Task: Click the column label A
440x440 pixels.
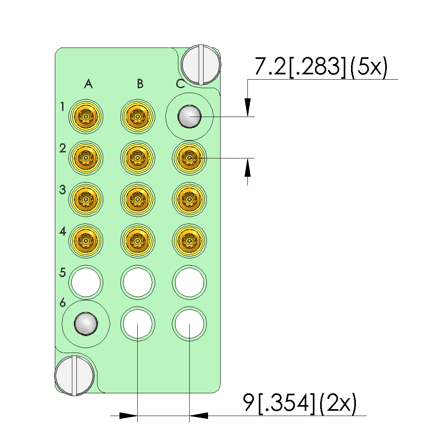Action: (89, 84)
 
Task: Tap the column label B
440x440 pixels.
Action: (140, 84)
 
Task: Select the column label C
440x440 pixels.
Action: (180, 84)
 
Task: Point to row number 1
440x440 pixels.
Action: (62, 106)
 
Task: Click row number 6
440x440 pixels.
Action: (63, 303)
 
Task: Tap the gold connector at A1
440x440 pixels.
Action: (86, 116)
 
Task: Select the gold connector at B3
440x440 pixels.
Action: (137, 199)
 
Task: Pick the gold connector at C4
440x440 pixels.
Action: (189, 241)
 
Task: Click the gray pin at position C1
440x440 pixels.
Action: (189, 117)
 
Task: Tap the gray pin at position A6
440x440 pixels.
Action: (86, 324)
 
